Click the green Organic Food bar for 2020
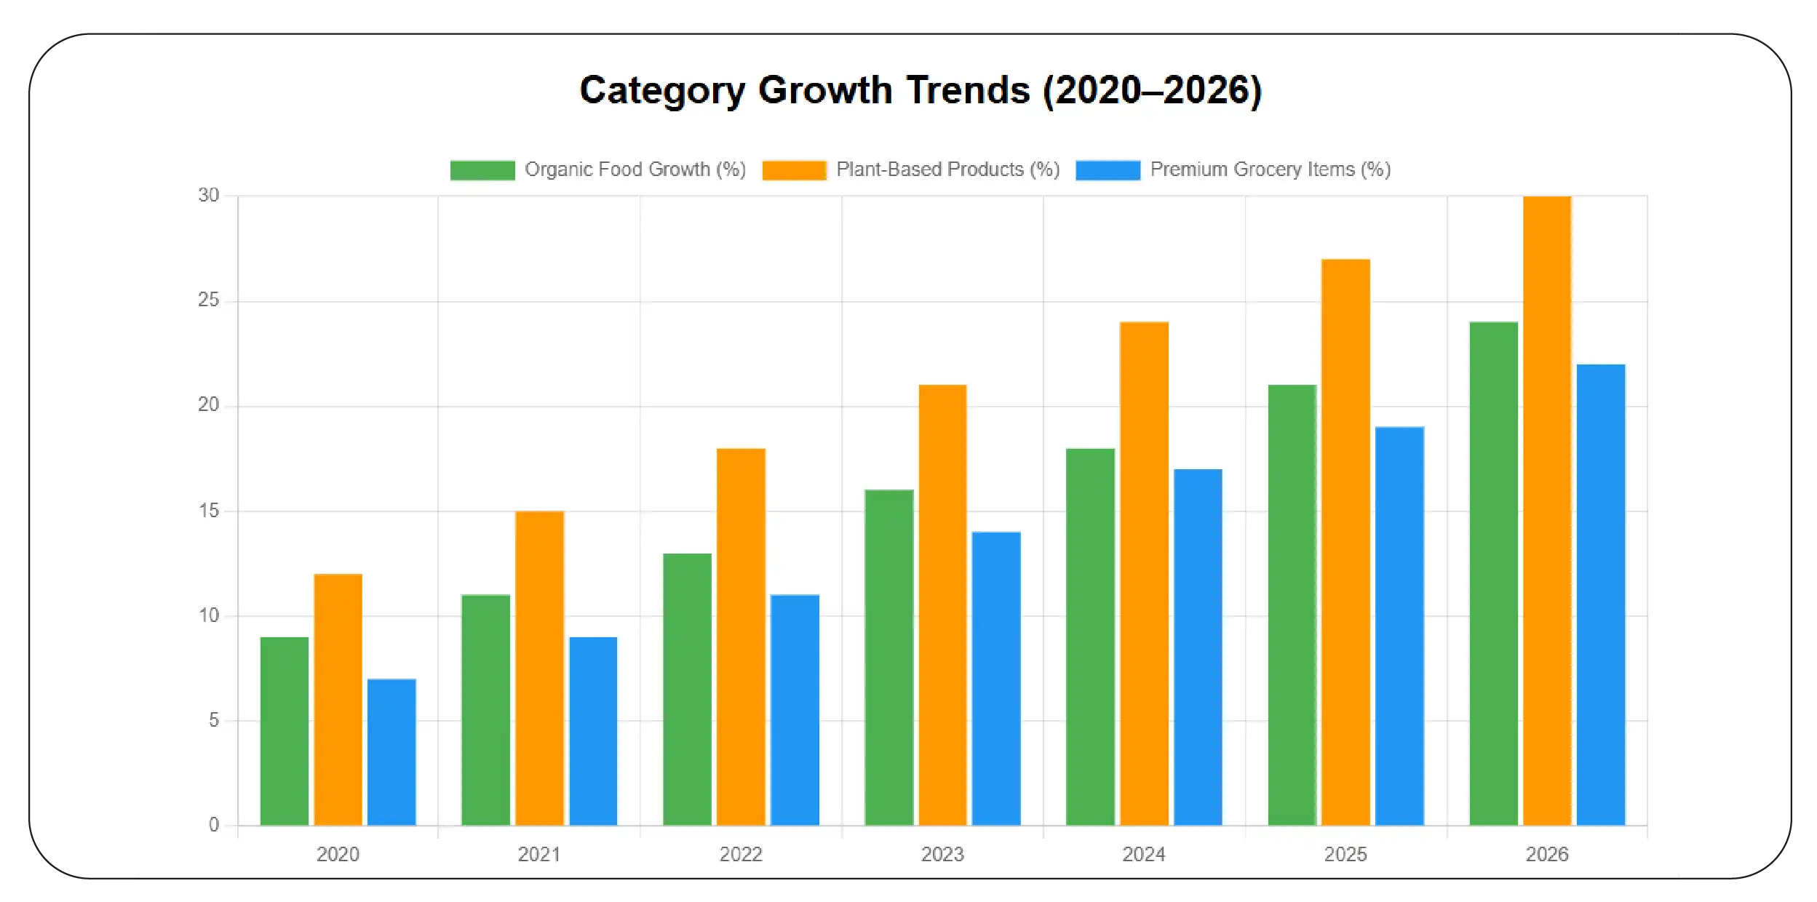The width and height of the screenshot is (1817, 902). click(285, 730)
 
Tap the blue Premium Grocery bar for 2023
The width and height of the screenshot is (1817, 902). click(996, 678)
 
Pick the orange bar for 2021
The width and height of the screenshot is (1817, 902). click(539, 668)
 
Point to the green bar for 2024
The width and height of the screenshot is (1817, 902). click(1090, 636)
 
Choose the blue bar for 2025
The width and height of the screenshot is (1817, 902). click(1399, 626)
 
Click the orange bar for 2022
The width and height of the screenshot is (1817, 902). click(741, 636)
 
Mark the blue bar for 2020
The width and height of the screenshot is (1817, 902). click(391, 751)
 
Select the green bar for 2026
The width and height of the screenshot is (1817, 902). click(1493, 573)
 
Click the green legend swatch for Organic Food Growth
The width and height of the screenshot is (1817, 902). click(482, 170)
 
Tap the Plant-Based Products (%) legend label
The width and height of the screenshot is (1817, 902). click(947, 169)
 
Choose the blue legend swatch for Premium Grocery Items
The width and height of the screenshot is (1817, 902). click(1108, 170)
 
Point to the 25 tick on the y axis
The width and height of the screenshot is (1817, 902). click(208, 300)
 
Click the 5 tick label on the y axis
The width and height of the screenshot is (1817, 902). click(213, 720)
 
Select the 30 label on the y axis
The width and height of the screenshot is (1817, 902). click(208, 195)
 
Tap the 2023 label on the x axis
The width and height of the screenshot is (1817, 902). click(942, 854)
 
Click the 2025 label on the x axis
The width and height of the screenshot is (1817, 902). click(1345, 854)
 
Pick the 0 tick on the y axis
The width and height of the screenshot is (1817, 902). click(213, 825)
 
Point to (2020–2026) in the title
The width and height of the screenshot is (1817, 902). click(1152, 90)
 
